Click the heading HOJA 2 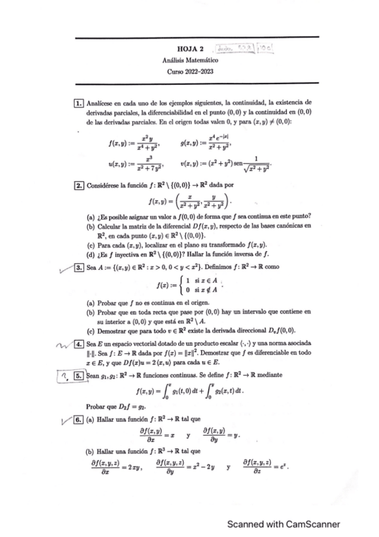point(190,48)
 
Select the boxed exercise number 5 point(79,375)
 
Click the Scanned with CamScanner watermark point(284,524)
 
